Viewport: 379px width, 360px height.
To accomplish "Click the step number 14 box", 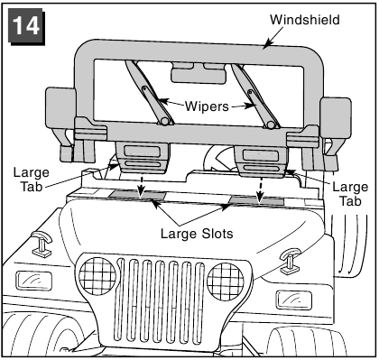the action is [x=26, y=26].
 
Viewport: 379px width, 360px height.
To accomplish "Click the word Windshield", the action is [x=305, y=20].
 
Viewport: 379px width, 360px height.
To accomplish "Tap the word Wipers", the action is [x=207, y=106].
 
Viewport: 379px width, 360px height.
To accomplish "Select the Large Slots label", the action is [x=197, y=234].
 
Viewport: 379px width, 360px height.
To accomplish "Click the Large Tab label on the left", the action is [x=32, y=180].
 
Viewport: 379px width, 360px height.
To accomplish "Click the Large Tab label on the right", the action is [x=350, y=194].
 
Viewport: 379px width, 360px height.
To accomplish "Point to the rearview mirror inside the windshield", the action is [x=199, y=73].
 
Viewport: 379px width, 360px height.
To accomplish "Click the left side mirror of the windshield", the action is [x=60, y=109].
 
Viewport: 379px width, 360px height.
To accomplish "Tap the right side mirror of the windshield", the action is [x=336, y=117].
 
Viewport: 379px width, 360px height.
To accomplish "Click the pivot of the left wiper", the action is [x=164, y=121].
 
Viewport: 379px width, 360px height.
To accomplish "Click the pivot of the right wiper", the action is [x=271, y=125].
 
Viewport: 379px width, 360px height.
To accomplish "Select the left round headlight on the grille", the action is [x=97, y=277].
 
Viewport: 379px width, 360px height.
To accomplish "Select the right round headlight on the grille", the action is [x=226, y=282].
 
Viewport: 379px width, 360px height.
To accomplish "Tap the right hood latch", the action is [x=290, y=261].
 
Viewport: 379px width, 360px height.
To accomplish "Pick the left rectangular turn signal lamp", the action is [x=33, y=281].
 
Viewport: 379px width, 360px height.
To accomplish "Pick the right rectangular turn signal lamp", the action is [x=294, y=300].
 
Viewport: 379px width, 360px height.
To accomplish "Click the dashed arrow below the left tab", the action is [x=141, y=186].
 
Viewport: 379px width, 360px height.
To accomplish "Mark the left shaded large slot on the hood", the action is [x=138, y=195].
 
